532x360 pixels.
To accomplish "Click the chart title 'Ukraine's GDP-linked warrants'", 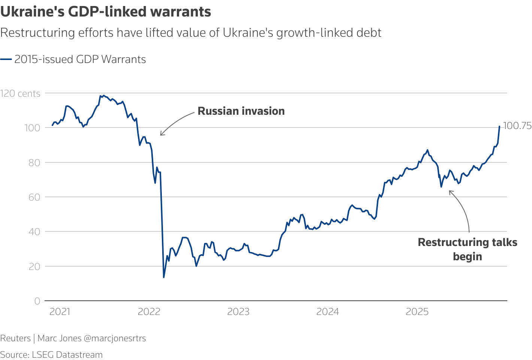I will tap(106, 12).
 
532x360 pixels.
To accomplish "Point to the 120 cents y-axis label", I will tap(20, 93).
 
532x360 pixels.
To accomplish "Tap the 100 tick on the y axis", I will tap(32, 128).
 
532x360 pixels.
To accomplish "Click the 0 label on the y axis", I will tap(37, 301).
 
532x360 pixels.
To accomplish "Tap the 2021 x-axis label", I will tap(60, 312).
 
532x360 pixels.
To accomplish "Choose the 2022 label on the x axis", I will tap(149, 312).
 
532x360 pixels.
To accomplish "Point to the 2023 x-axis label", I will tap(238, 312).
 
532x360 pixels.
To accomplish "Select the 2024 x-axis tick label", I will tap(328, 312).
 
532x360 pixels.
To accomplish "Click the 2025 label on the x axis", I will tap(417, 312).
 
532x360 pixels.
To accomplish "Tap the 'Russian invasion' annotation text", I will tap(241, 111).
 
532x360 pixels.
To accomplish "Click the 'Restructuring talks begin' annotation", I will tap(467, 249).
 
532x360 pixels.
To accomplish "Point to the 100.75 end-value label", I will tap(517, 126).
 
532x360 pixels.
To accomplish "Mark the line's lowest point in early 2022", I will tap(164, 277).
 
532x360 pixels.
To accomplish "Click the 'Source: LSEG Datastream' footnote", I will tap(51, 355).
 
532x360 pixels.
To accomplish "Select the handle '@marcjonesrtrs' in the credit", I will tap(115, 338).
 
